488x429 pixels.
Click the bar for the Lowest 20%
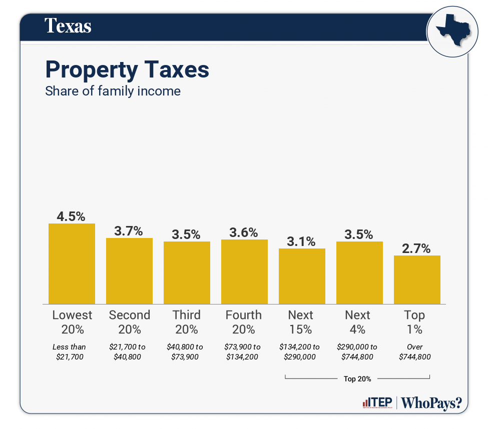click(x=72, y=263)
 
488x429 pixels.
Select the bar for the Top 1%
click(x=417, y=279)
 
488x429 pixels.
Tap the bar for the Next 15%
click(x=302, y=276)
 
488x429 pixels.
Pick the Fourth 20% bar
click(x=244, y=271)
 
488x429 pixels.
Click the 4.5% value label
click(x=71, y=216)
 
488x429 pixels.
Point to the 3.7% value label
click(x=129, y=231)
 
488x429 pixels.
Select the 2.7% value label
click(x=416, y=248)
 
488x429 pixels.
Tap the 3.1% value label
click(x=301, y=241)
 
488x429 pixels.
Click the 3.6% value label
click(x=244, y=232)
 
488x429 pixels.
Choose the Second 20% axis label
click(x=129, y=322)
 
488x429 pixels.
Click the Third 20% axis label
click(x=187, y=322)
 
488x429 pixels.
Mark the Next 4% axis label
click(x=358, y=322)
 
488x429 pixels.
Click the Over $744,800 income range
click(x=415, y=351)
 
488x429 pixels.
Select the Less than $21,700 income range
click(x=70, y=351)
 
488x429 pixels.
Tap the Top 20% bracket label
click(x=357, y=379)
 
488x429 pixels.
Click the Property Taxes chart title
click(x=127, y=69)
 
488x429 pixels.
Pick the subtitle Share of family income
click(x=113, y=91)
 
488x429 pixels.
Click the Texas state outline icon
click(x=449, y=31)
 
